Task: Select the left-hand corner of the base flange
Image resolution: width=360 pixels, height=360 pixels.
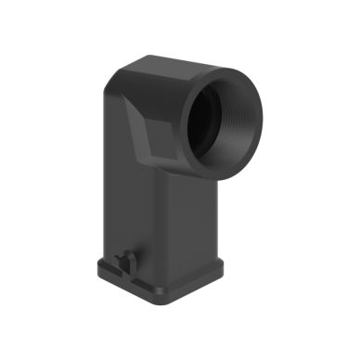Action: [98, 265]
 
